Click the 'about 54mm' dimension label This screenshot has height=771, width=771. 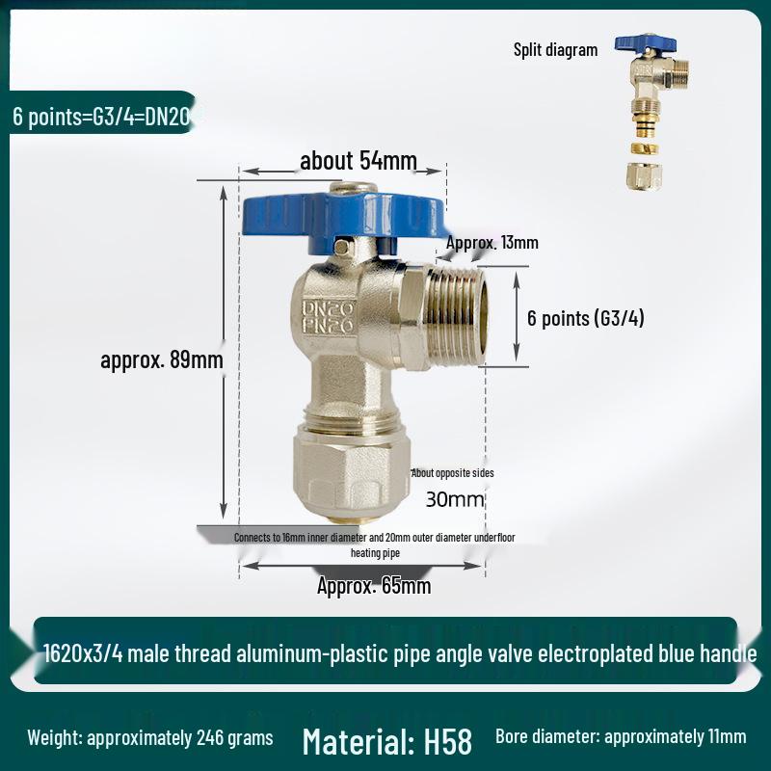[x=359, y=160]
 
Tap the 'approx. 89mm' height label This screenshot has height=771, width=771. [x=162, y=360]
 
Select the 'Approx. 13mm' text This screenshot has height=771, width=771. [x=492, y=242]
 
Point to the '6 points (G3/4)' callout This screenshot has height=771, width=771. [x=585, y=319]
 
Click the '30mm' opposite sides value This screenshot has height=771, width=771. [x=455, y=499]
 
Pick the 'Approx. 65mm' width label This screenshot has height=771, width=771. [x=374, y=586]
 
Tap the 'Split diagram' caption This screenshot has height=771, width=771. [x=555, y=50]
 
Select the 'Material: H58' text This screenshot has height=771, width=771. [x=386, y=741]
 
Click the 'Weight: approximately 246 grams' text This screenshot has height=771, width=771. [x=150, y=738]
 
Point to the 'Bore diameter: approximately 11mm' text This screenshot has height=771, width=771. [x=621, y=737]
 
